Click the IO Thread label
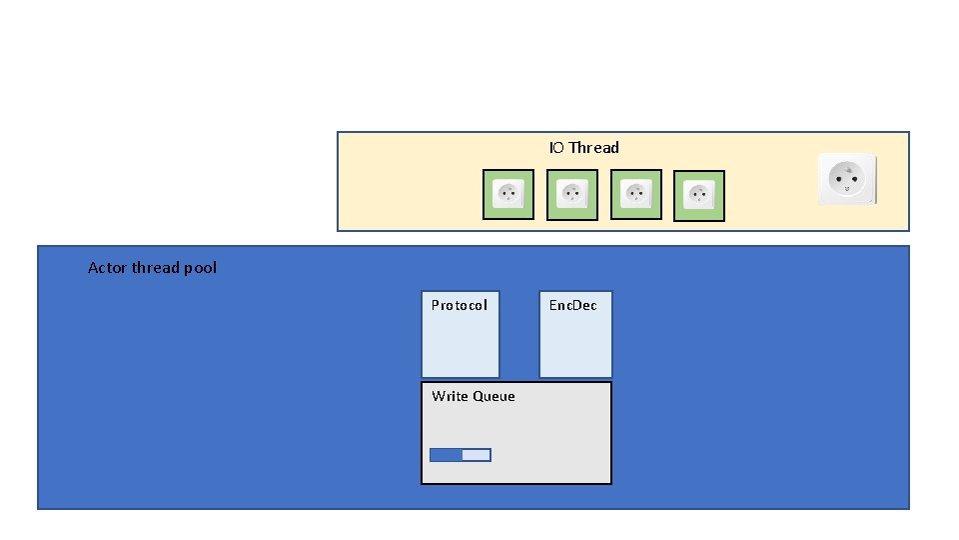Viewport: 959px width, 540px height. point(583,148)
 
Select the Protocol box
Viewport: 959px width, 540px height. point(460,335)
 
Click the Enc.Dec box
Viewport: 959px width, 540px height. point(575,335)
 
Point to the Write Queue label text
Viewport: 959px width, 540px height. point(474,397)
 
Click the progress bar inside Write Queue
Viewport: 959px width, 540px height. point(461,455)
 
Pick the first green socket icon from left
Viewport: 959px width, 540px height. point(508,195)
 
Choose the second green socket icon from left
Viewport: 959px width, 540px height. point(572,195)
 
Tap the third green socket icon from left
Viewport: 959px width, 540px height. point(635,195)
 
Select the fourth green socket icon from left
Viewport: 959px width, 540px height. point(699,196)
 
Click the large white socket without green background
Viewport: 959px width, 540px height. point(847,179)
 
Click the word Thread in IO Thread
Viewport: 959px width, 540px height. point(594,148)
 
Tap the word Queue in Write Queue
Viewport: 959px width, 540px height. point(493,397)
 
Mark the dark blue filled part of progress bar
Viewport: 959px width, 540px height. point(446,455)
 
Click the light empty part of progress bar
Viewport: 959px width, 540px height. point(477,455)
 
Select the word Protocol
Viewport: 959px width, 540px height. point(460,306)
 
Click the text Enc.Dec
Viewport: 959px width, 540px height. point(573,306)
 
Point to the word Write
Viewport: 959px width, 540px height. point(450,397)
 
